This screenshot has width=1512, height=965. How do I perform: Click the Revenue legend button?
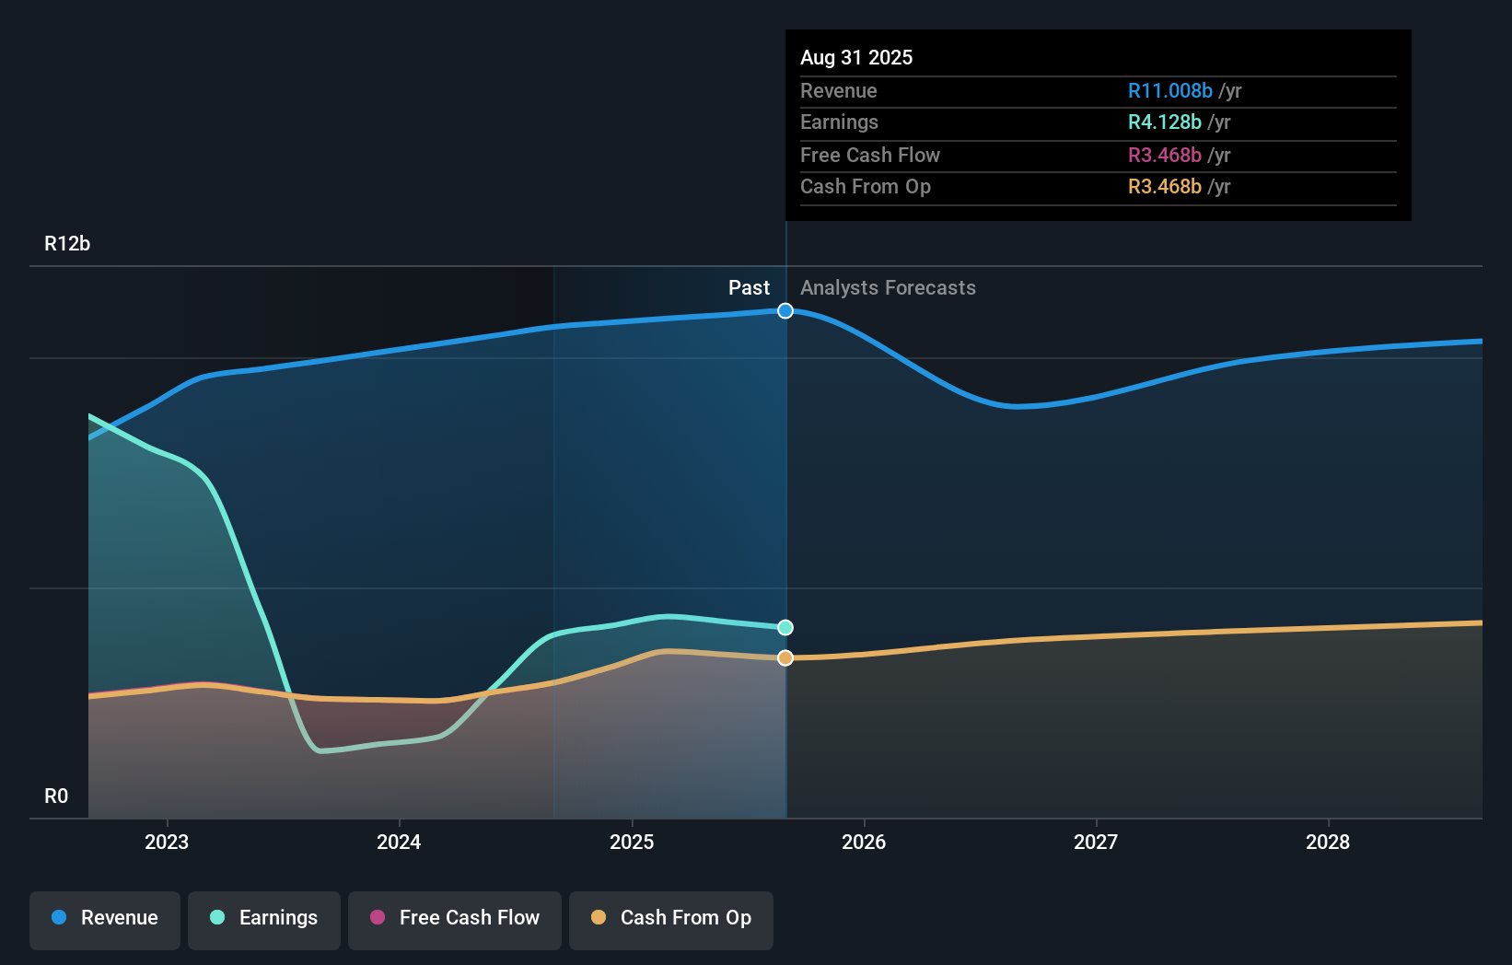point(105,918)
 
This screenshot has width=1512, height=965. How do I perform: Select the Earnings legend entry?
point(264,918)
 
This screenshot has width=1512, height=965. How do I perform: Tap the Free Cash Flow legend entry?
point(455,918)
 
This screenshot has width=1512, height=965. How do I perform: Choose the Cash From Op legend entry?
point(671,918)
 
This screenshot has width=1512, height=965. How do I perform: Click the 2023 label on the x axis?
point(167,842)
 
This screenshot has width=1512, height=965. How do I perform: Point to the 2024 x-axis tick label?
point(399,842)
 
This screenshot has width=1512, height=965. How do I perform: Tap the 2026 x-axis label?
point(864,842)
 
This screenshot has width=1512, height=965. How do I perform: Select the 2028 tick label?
point(1328,842)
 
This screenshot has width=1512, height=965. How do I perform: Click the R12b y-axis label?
point(67,244)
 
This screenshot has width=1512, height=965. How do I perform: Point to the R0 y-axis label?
point(56,796)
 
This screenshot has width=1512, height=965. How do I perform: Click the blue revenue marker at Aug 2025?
point(785,311)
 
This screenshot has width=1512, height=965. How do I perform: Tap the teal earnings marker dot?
point(785,628)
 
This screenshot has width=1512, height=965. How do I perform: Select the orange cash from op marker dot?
point(785,658)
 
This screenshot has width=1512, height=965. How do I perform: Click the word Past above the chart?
point(749,288)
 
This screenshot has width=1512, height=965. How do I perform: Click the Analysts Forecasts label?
point(888,288)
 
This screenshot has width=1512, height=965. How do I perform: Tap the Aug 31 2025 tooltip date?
point(856,58)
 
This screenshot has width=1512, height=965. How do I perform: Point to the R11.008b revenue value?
point(1169,91)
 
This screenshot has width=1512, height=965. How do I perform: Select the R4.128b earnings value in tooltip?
point(1165,122)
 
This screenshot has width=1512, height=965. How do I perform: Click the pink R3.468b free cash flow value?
point(1165,156)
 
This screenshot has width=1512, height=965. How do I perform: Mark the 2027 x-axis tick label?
point(1096,842)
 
